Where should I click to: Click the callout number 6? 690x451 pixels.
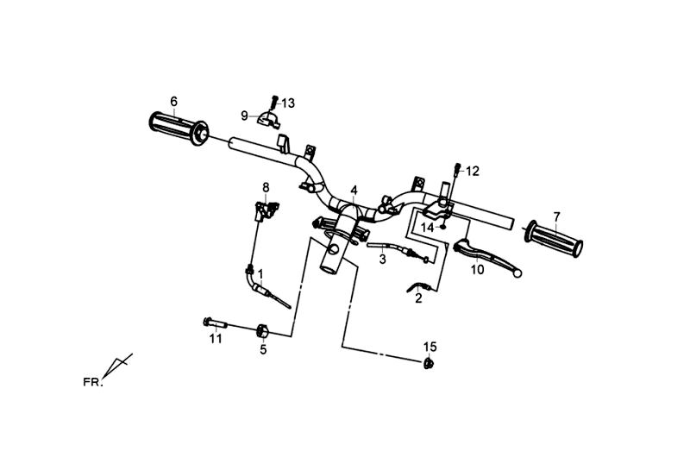click(173, 101)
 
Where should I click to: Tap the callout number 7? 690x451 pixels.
click(557, 216)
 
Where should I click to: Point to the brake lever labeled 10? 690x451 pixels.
click(483, 254)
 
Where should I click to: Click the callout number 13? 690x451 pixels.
click(288, 103)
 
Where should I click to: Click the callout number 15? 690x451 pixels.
click(430, 347)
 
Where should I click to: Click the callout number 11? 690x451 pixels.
click(216, 339)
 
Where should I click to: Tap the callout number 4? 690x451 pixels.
click(354, 190)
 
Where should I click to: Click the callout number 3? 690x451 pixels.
click(382, 259)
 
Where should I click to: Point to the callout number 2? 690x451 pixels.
click(418, 299)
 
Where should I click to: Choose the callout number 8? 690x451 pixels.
click(266, 187)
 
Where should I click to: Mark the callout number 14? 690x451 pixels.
click(427, 228)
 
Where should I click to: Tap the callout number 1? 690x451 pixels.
click(260, 273)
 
